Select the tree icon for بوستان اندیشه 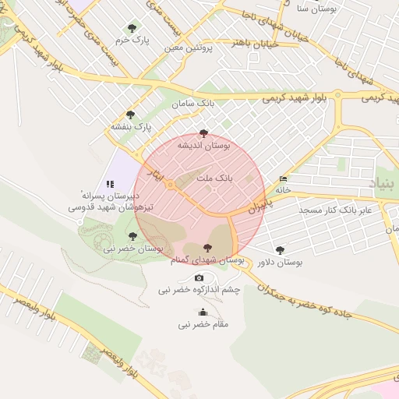pyautogui.click(x=204, y=133)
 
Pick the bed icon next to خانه pyautogui.click(x=282, y=179)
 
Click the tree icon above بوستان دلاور pyautogui.click(x=280, y=250)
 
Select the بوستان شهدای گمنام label pyautogui.click(x=207, y=259)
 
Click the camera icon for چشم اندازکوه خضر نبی pyautogui.click(x=199, y=278)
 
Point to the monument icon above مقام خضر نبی pyautogui.click(x=203, y=312)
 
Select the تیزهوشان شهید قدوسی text pyautogui.click(x=103, y=208)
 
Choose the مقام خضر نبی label pyautogui.click(x=203, y=324)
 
